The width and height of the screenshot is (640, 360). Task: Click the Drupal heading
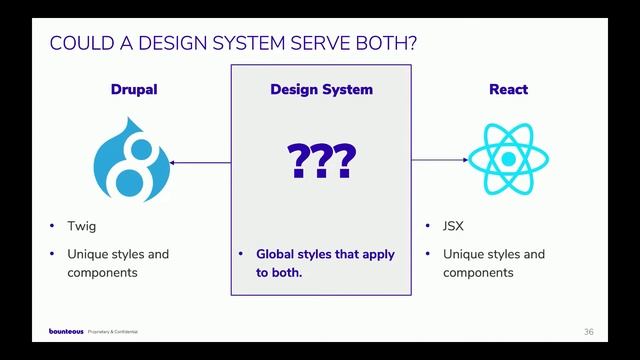pyautogui.click(x=133, y=90)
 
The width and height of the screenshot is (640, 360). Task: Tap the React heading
pyautogui.click(x=508, y=90)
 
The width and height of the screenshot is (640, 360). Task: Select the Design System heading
pyautogui.click(x=321, y=90)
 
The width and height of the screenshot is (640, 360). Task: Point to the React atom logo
pyautogui.click(x=508, y=160)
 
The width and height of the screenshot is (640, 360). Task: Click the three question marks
pyautogui.click(x=321, y=161)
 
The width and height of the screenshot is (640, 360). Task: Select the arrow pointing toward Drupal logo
pyautogui.click(x=200, y=161)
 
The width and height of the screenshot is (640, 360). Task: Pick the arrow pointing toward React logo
pyautogui.click(x=440, y=160)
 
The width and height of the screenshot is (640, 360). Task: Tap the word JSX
pyautogui.click(x=455, y=226)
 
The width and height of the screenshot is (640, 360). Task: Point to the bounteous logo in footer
pyautogui.click(x=66, y=331)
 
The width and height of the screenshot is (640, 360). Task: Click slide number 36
pyautogui.click(x=589, y=331)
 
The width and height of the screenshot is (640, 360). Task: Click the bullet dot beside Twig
pyautogui.click(x=51, y=226)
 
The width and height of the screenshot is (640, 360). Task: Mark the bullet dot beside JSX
pyautogui.click(x=427, y=226)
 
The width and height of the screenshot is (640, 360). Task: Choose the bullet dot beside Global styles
pyautogui.click(x=241, y=254)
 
